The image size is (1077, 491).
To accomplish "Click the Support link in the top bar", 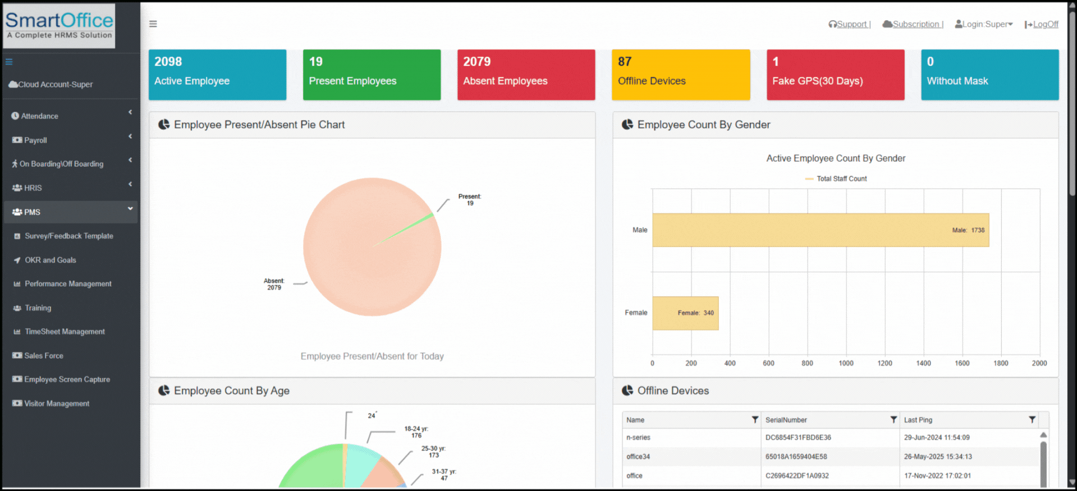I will coord(852,24).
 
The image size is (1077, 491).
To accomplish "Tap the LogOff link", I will coord(1045,24).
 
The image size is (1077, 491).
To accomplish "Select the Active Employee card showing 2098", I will coord(217,75).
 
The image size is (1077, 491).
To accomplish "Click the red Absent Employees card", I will coord(526,75).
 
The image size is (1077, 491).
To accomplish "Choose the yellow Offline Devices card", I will coord(680,75).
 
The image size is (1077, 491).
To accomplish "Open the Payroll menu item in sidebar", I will coord(35,140).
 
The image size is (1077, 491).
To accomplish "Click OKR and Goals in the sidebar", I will coord(50,260).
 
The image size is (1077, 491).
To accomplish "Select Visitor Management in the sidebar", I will coord(56,403).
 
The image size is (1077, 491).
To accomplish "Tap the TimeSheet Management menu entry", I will coord(65,331).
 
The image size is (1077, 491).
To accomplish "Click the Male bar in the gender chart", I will coord(819,230).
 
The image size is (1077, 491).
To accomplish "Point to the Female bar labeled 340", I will coord(685,313).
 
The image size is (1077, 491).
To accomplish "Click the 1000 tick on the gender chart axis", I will coord(846,363).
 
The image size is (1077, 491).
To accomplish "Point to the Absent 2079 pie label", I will coord(274,284).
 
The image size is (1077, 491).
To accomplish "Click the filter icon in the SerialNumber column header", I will coord(893,420).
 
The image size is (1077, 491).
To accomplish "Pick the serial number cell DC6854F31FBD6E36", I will coord(798,438).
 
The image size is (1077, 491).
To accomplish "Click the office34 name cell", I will coord(638,457).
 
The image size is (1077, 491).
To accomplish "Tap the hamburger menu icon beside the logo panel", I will coord(153,24).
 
